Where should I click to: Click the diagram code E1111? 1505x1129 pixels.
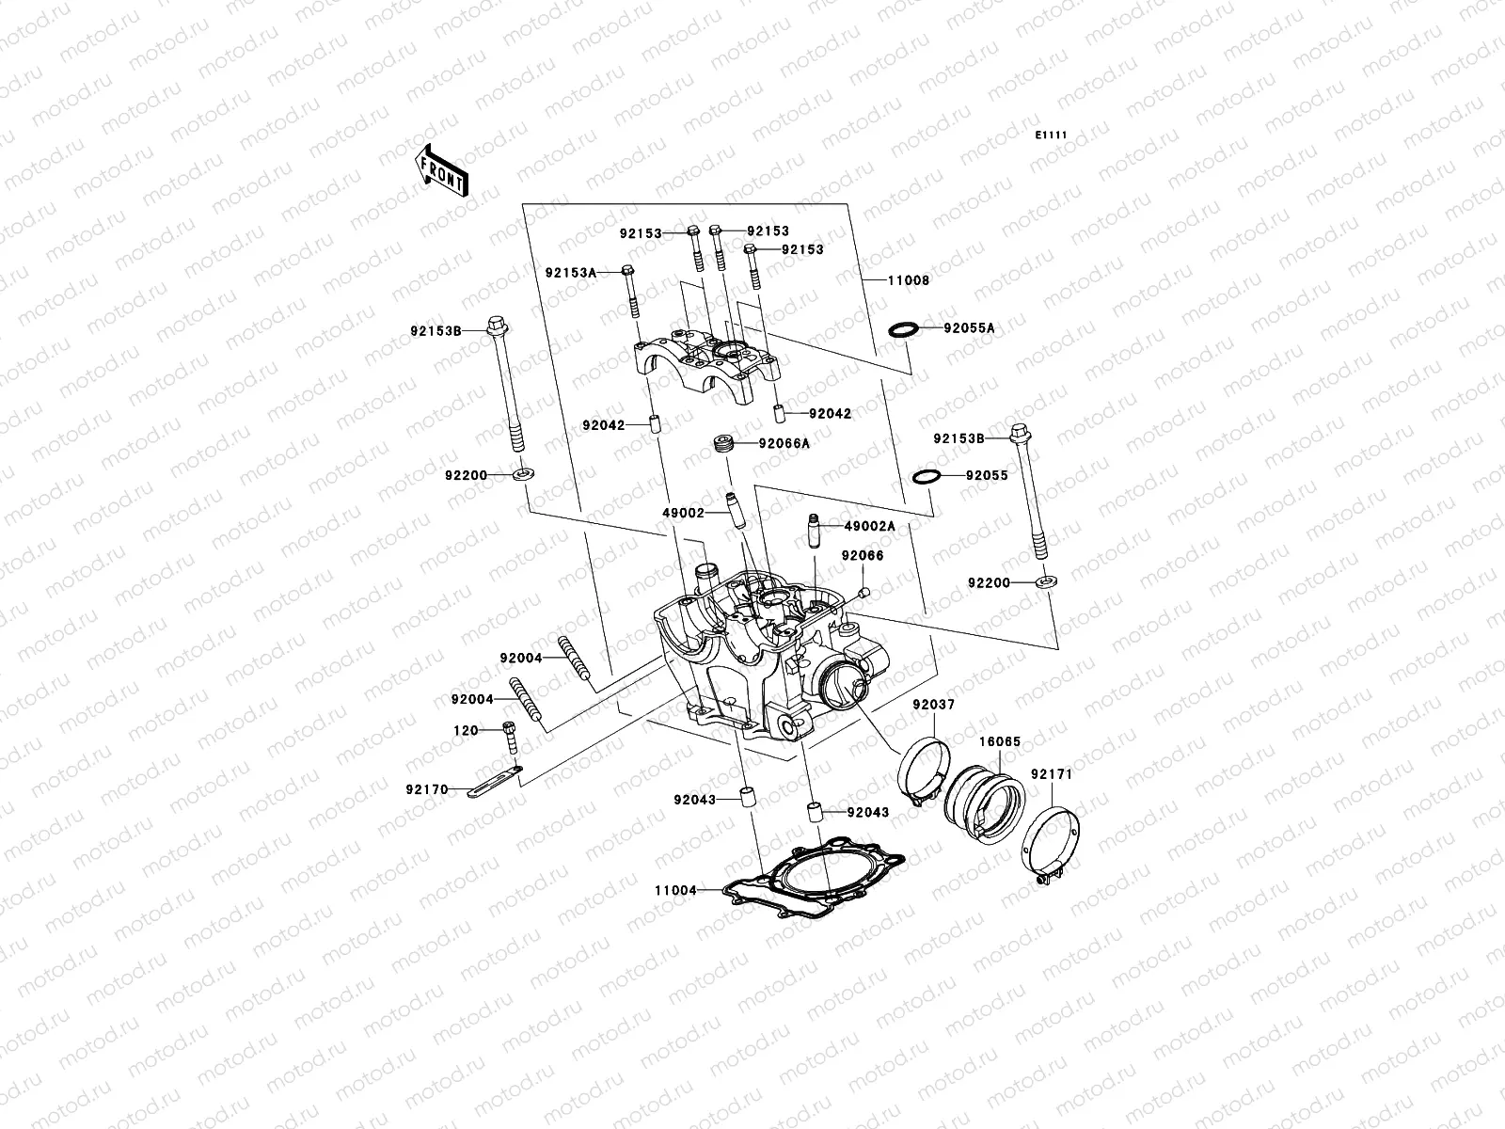point(1051,135)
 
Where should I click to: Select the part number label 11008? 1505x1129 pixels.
point(907,280)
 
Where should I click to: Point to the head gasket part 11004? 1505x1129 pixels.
point(814,882)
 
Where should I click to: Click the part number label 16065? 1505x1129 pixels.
point(999,742)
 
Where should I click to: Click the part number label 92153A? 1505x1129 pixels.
point(571,273)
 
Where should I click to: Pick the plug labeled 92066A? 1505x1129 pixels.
point(725,444)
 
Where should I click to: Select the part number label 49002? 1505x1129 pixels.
point(683,514)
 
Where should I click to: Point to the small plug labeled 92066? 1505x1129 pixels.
point(863,592)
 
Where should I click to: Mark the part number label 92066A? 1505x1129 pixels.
point(785,443)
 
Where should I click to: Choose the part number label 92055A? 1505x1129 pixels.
point(969,328)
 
